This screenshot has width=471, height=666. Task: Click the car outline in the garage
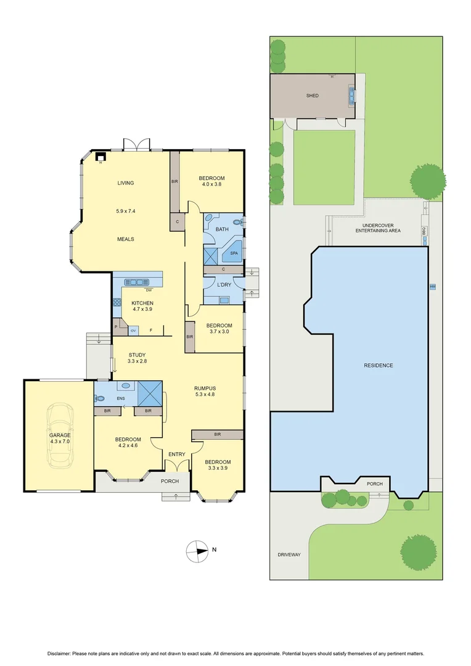tap(60, 435)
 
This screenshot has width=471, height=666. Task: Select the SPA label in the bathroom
tap(234, 253)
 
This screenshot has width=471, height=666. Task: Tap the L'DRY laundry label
tap(223, 284)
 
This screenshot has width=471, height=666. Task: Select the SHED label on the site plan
tap(313, 96)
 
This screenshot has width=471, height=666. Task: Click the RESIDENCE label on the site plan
tap(378, 366)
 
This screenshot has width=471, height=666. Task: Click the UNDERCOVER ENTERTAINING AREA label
tap(378, 228)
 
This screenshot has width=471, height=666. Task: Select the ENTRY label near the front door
tap(177, 454)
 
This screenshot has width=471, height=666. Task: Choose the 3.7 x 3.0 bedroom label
tap(219, 329)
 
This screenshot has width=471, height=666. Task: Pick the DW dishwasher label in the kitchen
tap(149, 290)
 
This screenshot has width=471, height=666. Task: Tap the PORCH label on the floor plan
tap(170, 481)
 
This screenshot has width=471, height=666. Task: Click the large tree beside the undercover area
tap(428, 181)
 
